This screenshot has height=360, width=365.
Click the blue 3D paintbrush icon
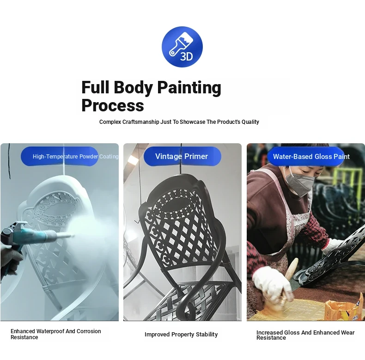pyautogui.click(x=182, y=47)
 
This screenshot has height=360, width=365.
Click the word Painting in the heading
pyautogui.click(x=189, y=88)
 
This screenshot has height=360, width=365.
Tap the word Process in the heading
pyautogui.click(x=113, y=106)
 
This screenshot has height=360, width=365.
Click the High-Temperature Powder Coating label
pyautogui.click(x=75, y=157)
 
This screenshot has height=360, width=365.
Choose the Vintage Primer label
pyautogui.click(x=182, y=156)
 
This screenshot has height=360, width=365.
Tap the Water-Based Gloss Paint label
pyautogui.click(x=311, y=157)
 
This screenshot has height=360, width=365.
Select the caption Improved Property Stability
pyautogui.click(x=181, y=335)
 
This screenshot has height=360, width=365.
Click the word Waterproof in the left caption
pyautogui.click(x=50, y=331)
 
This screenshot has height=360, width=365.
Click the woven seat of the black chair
pyautogui.click(x=195, y=300)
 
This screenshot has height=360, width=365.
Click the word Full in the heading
pyautogui.click(x=95, y=87)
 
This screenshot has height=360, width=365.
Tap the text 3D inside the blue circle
pyautogui.click(x=187, y=56)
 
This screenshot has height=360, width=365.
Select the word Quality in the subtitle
pyautogui.click(x=250, y=122)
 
